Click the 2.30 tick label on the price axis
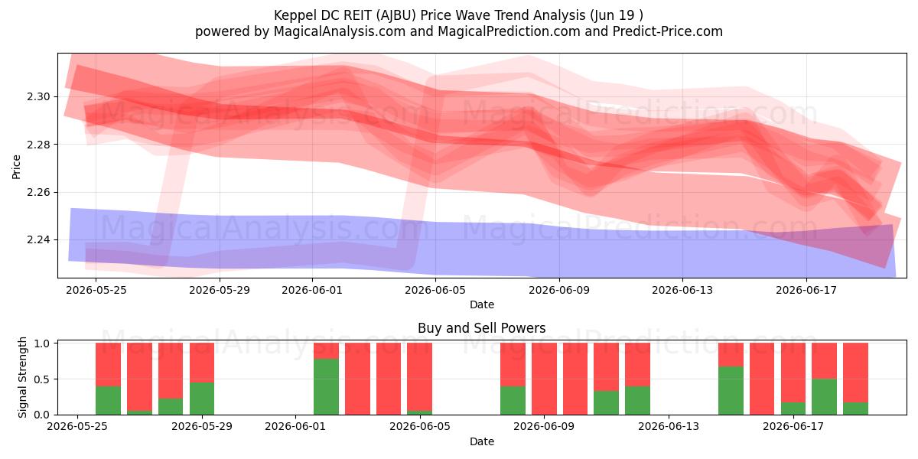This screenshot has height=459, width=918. (x=38, y=97)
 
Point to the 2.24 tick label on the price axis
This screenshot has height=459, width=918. (x=38, y=239)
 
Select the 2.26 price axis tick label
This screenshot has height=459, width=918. (x=38, y=192)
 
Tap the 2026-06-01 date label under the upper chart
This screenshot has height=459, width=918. (x=312, y=290)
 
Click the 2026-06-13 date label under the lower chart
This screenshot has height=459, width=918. (x=669, y=426)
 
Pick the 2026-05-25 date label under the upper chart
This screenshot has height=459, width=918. (x=96, y=290)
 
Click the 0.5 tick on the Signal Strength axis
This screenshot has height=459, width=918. (x=41, y=379)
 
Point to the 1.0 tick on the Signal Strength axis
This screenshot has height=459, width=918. (x=41, y=343)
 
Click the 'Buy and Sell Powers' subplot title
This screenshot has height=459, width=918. (x=481, y=328)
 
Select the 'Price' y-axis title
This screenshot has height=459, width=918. (x=16, y=167)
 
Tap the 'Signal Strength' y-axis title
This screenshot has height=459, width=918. (x=22, y=377)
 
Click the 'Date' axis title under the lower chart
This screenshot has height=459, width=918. (x=481, y=441)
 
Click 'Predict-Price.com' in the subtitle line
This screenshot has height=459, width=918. (x=668, y=31)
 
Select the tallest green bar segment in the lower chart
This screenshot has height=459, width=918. (x=326, y=387)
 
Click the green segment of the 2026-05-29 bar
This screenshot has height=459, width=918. (x=202, y=399)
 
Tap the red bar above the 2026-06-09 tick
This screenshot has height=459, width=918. (x=544, y=379)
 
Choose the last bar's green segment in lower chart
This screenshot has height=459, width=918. (x=855, y=409)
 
